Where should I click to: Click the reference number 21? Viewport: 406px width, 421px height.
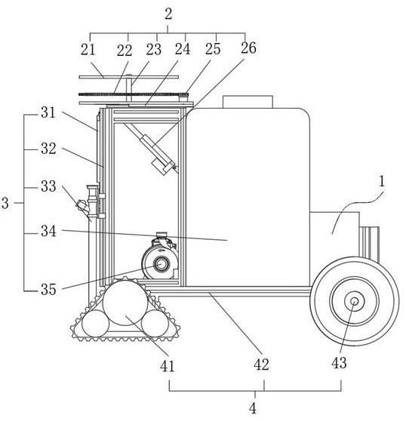pyautogui.click(x=88, y=50)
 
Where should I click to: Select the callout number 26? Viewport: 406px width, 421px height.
pyautogui.click(x=248, y=48)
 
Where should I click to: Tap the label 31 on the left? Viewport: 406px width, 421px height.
pyautogui.click(x=48, y=112)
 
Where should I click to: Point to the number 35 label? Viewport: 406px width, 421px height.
pyautogui.click(x=48, y=290)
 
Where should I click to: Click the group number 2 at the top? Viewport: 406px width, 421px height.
pyautogui.click(x=168, y=14)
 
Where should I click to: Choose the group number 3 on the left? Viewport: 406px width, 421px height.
pyautogui.click(x=5, y=203)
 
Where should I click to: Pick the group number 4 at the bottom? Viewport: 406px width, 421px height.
pyautogui.click(x=252, y=409)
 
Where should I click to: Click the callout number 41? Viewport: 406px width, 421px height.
pyautogui.click(x=167, y=366)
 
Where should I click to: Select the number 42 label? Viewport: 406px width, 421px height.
pyautogui.click(x=261, y=364)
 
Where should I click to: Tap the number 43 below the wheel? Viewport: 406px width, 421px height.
pyautogui.click(x=339, y=363)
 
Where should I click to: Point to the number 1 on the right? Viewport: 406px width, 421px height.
pyautogui.click(x=381, y=182)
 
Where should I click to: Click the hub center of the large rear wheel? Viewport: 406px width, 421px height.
pyautogui.click(x=354, y=301)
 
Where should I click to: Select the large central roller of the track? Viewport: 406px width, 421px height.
pyautogui.click(x=125, y=303)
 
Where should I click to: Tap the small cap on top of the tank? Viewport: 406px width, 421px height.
pyautogui.click(x=248, y=102)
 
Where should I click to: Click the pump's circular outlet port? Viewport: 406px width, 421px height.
pyautogui.click(x=161, y=264)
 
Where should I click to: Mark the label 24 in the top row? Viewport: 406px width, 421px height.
pyautogui.click(x=183, y=49)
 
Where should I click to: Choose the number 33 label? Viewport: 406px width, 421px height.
pyautogui.click(x=48, y=186)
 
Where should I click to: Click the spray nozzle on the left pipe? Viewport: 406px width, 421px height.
pyautogui.click(x=83, y=206)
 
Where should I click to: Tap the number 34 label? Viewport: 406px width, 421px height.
pyautogui.click(x=48, y=231)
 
